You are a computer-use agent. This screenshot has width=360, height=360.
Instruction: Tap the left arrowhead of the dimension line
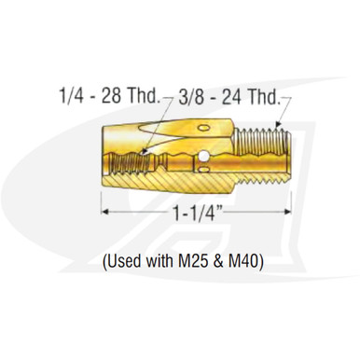104,214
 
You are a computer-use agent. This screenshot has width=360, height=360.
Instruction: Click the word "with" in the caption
161,262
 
